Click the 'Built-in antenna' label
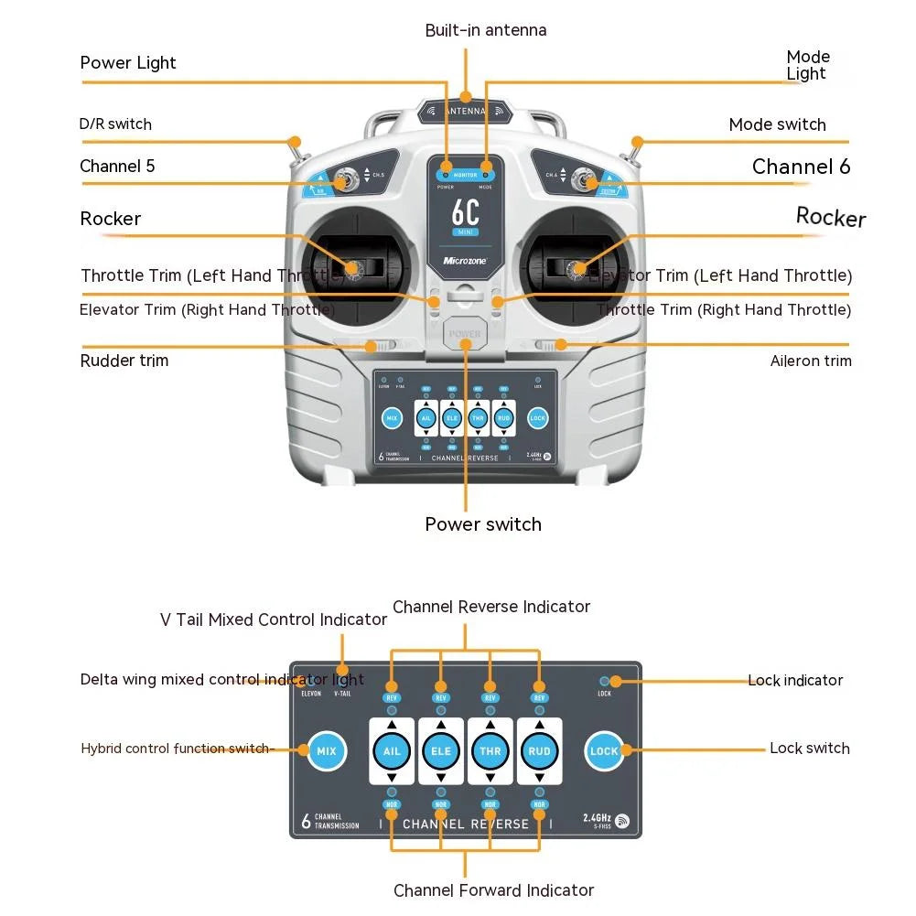coord(486,30)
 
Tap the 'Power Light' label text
coord(128,63)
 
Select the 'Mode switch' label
coord(777,124)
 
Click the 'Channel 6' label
coord(801,167)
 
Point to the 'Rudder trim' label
coord(124,361)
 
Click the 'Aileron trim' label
coord(811,361)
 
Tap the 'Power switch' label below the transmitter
coord(483,524)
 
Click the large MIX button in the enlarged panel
coord(326,751)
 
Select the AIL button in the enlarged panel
coord(392,751)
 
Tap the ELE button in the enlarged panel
coord(441,751)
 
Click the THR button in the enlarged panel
coord(490,751)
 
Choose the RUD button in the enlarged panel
coord(540,751)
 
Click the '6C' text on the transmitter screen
coord(466,212)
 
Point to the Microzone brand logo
coord(466,261)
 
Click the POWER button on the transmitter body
coord(465,334)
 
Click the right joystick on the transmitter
coord(577,268)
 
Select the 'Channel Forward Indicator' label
coord(493,890)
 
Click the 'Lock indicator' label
coord(795,681)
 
